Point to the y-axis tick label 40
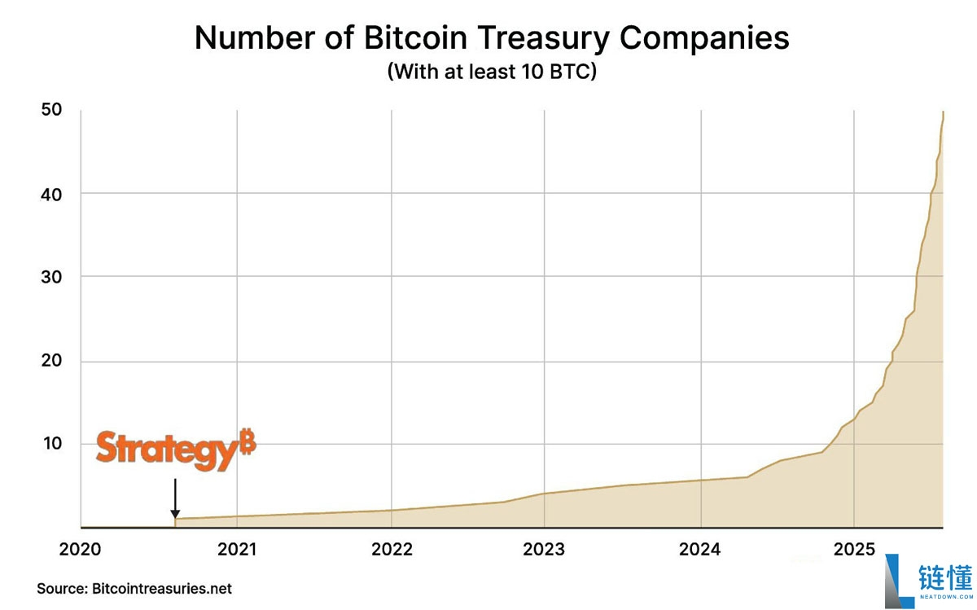point(51,193)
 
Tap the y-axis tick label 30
point(51,277)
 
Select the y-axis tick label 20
point(51,361)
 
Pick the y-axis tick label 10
point(51,444)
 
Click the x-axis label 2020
point(81,550)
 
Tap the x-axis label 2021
point(236,550)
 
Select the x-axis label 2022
point(392,550)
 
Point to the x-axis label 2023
point(545,550)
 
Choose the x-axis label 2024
point(699,550)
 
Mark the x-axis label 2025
point(853,550)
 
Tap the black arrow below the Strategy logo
point(174,498)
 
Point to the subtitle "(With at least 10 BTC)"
point(492,72)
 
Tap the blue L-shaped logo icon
point(901,580)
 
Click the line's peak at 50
point(943,112)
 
